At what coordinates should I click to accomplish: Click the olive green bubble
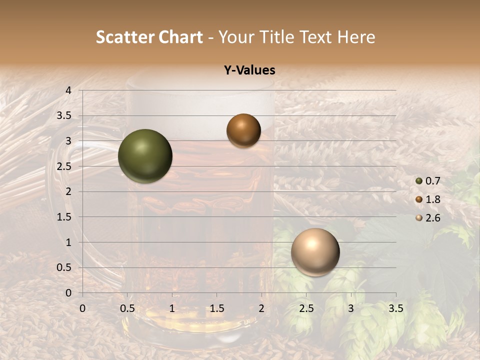pos(145,156)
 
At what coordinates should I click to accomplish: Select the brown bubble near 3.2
pos(243,130)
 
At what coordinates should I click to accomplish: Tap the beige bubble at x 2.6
pos(315,252)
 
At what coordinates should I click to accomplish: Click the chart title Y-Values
pos(249,70)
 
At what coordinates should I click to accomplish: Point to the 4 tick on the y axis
pos(68,90)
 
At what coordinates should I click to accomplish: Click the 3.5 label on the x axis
pos(395,308)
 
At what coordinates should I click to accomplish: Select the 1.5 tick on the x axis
pos(216,308)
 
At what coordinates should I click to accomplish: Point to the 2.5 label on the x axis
pos(306,308)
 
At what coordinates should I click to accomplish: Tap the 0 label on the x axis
pos(82,308)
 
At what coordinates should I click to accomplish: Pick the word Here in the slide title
pos(356,37)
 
